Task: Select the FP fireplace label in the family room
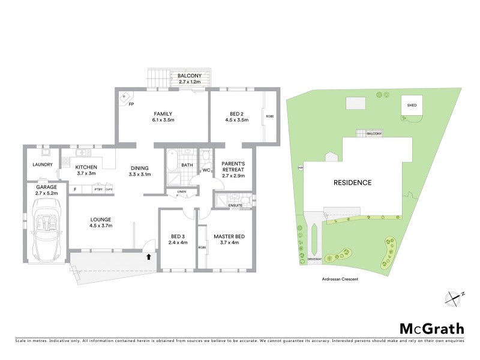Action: point(131,104)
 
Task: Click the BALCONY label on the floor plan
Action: point(189,76)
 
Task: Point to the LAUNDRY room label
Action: point(42,165)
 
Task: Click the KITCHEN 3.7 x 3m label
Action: point(87,170)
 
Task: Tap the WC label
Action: point(205,170)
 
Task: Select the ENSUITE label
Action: point(236,206)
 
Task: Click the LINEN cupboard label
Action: point(181,193)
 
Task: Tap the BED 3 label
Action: point(179,239)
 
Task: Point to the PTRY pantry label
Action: point(98,190)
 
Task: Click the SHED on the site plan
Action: point(412,107)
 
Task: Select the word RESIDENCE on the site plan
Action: point(354,182)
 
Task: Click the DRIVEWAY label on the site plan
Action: point(315,259)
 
